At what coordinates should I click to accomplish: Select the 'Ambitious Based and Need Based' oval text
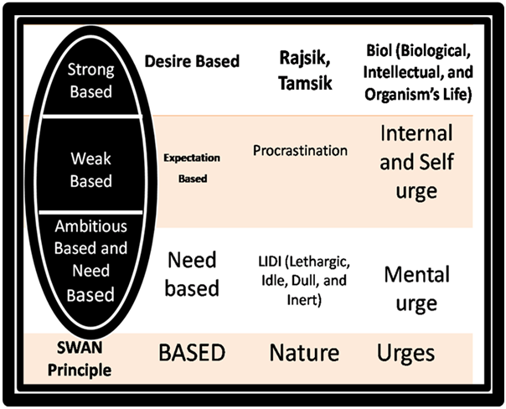pyautogui.click(x=90, y=260)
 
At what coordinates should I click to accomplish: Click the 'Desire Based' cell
pyautogui.click(x=192, y=60)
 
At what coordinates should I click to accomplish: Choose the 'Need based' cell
pyautogui.click(x=191, y=275)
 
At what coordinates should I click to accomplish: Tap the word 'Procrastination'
pyautogui.click(x=299, y=151)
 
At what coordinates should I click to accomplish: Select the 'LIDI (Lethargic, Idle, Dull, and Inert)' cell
pyautogui.click(x=300, y=277)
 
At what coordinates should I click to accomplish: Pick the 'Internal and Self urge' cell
pyautogui.click(x=416, y=162)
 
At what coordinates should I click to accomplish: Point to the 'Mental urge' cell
pyautogui.click(x=416, y=287)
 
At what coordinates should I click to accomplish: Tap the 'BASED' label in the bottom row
pyautogui.click(x=192, y=353)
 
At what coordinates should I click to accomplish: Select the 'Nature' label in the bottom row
pyautogui.click(x=303, y=353)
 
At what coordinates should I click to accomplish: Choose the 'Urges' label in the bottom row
pyautogui.click(x=405, y=353)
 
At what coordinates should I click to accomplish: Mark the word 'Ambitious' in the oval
pyautogui.click(x=90, y=226)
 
